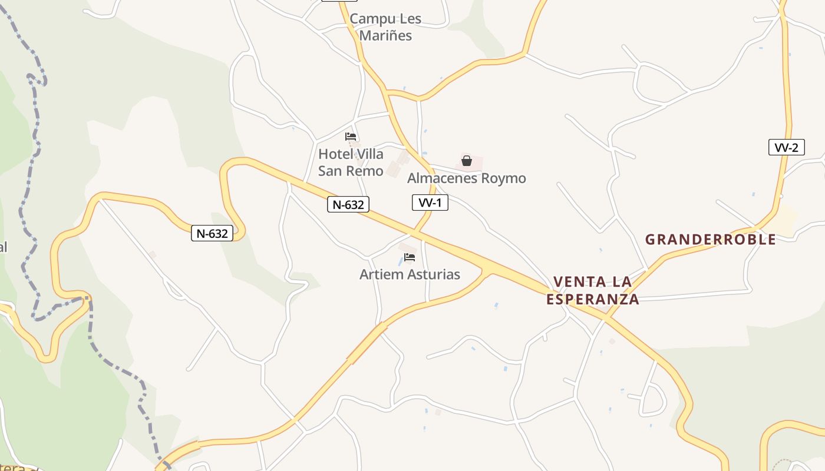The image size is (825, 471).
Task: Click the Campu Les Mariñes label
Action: tap(385, 27)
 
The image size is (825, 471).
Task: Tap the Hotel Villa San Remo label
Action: tap(351, 162)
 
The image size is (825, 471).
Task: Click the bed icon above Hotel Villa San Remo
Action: tap(351, 137)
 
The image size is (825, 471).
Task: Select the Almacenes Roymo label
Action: tap(466, 178)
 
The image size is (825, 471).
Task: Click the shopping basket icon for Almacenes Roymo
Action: tap(467, 160)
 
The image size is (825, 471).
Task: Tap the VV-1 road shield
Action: tap(430, 203)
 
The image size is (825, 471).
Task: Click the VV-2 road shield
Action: tap(786, 147)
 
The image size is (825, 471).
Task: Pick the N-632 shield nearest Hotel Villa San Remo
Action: tap(348, 204)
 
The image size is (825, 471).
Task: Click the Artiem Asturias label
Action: tap(410, 274)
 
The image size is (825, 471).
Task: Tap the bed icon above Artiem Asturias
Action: tap(410, 257)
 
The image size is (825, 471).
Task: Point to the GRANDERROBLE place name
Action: tap(710, 239)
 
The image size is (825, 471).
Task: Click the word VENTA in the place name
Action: tap(576, 282)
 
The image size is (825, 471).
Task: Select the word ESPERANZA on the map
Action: tap(592, 299)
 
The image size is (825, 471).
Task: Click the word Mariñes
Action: tap(385, 35)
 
